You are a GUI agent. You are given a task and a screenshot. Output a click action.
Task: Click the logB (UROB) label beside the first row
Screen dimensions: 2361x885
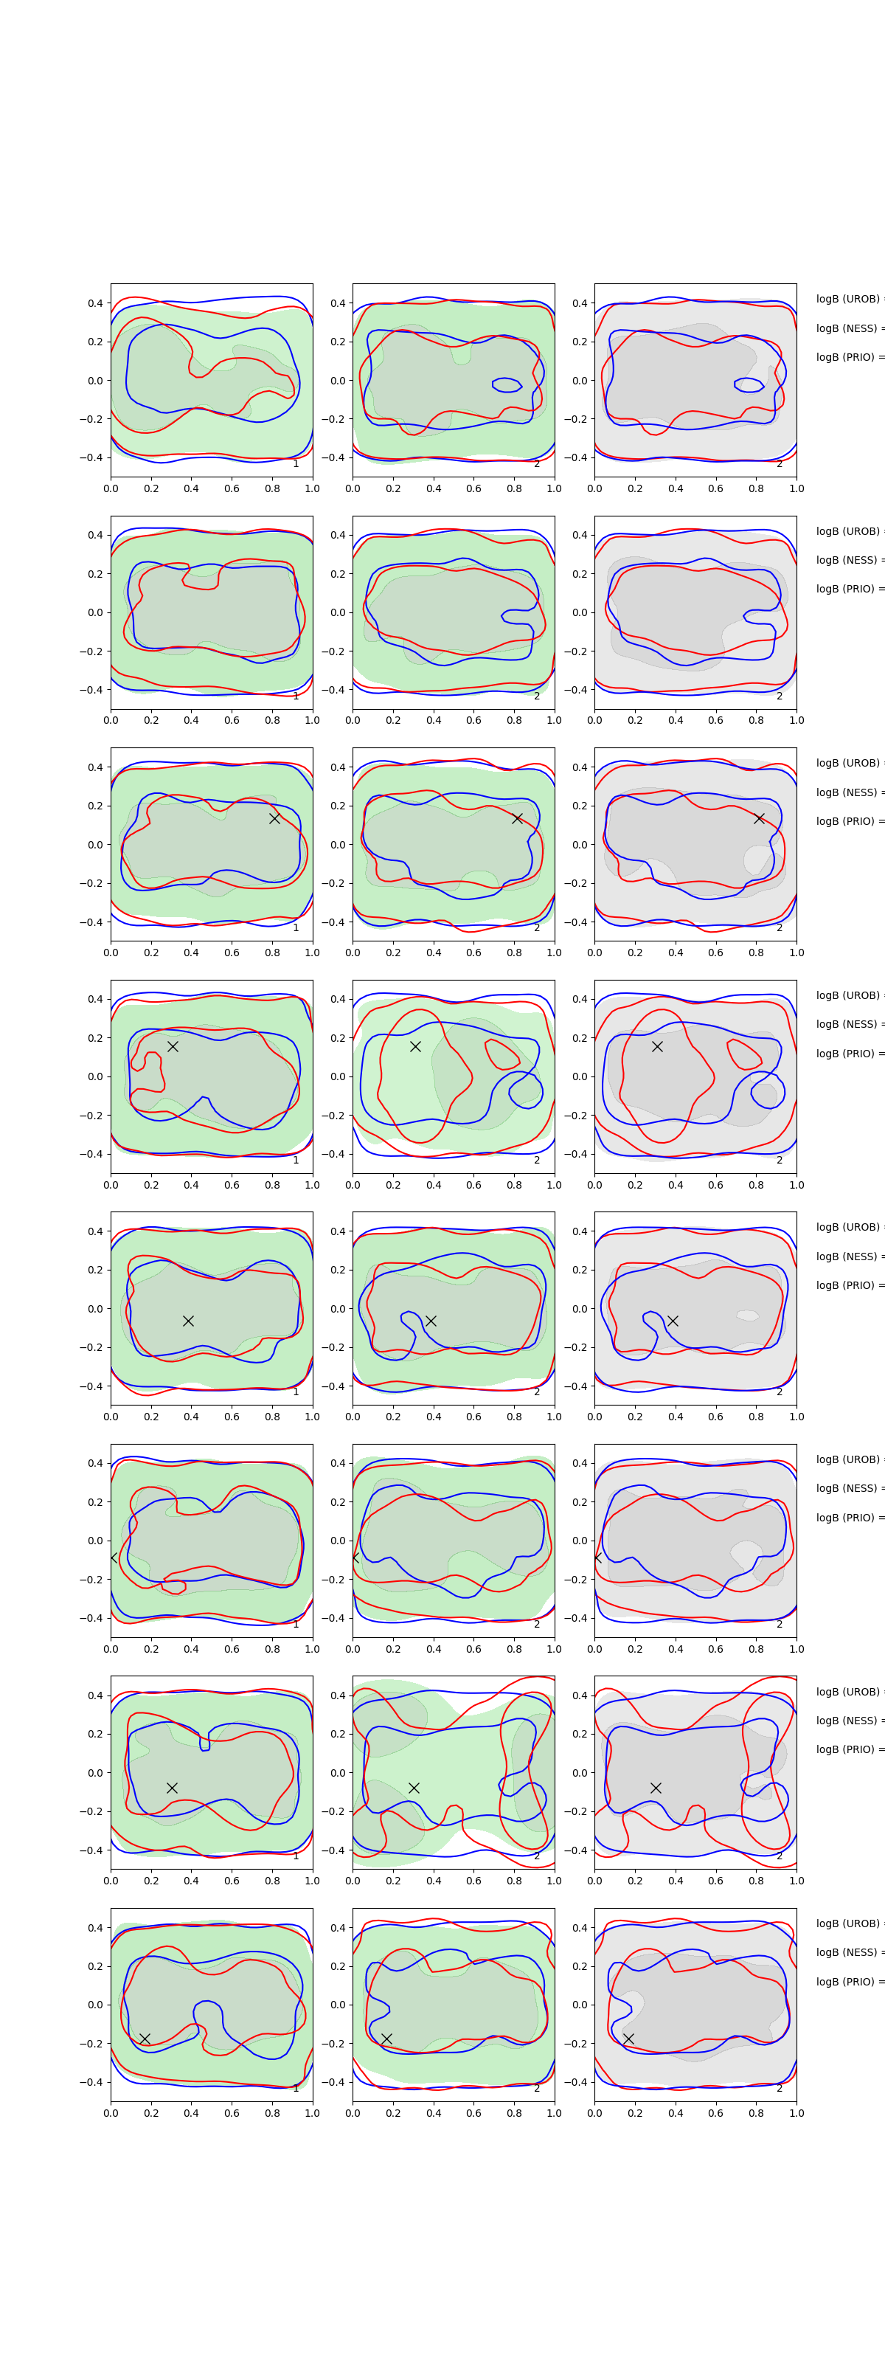point(848,299)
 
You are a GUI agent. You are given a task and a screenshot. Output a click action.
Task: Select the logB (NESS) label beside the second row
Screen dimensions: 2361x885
point(848,560)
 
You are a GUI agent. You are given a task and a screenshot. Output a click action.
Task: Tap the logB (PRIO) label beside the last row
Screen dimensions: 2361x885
point(848,1982)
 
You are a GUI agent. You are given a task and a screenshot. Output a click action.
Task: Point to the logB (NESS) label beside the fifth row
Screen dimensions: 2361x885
point(848,1256)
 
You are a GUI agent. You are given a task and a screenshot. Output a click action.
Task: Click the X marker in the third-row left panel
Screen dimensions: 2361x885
point(274,818)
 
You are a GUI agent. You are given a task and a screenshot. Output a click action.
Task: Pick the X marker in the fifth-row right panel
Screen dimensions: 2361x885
point(673,1321)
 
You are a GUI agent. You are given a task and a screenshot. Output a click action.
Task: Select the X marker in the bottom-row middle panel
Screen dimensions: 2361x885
point(386,2039)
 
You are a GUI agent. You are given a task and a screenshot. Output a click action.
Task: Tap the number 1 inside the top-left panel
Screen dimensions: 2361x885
point(295,464)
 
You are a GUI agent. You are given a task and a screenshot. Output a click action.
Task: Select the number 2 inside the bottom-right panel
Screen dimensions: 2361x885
point(780,2089)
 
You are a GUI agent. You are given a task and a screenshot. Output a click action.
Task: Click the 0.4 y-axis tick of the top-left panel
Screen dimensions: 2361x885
point(95,303)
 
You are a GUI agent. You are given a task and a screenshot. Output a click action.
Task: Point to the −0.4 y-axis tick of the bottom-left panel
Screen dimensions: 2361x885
point(92,2082)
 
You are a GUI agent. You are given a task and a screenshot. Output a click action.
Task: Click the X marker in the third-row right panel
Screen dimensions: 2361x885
point(759,818)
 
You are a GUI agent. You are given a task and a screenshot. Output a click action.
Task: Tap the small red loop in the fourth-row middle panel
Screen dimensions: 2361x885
point(502,1054)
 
